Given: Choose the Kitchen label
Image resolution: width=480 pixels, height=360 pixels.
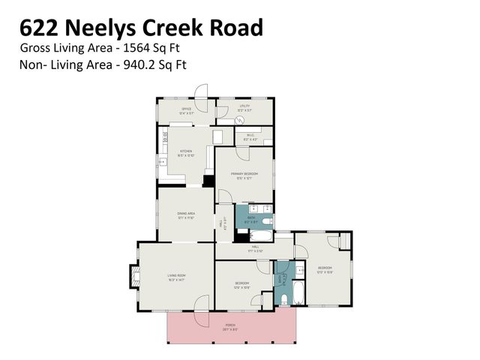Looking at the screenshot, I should tap(186, 152).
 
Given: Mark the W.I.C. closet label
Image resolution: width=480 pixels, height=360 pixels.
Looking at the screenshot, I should tap(250, 137).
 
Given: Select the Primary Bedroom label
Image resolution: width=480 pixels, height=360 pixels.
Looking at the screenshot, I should tap(244, 175).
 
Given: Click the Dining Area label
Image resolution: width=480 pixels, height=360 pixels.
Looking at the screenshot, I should tap(186, 214).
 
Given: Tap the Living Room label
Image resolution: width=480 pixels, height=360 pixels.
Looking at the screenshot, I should tap(176, 277).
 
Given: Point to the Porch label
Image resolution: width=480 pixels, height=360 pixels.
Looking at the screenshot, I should tap(230, 325).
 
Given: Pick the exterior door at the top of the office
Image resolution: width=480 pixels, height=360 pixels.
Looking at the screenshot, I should tap(201, 91).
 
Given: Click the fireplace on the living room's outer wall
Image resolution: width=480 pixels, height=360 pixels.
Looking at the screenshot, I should tap(135, 277).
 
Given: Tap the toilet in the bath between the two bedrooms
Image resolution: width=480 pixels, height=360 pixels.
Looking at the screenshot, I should tap(284, 298).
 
